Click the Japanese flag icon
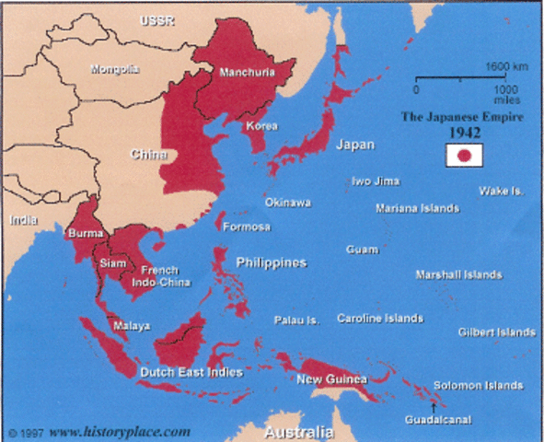pyautogui.click(x=465, y=157)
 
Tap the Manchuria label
pyautogui.click(x=248, y=71)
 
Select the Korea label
pyautogui.click(x=262, y=125)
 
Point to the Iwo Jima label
pyautogui.click(x=375, y=181)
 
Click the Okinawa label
pyautogui.click(x=287, y=202)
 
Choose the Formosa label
pyautogui.click(x=249, y=227)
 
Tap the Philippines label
pyautogui.click(x=271, y=262)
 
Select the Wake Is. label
pyautogui.click(x=501, y=191)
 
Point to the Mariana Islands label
pyautogui.click(x=417, y=208)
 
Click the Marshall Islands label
pyautogui.click(x=458, y=274)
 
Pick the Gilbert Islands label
pyautogui.click(x=497, y=331)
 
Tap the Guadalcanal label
pyautogui.click(x=438, y=420)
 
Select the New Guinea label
pyautogui.click(x=332, y=378)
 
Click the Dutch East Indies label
pyautogui.click(x=191, y=372)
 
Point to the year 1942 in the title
pyautogui.click(x=465, y=133)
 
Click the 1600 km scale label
pyautogui.click(x=506, y=67)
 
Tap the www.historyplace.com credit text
pyautogui.click(x=120, y=430)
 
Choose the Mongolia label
pyautogui.click(x=115, y=69)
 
